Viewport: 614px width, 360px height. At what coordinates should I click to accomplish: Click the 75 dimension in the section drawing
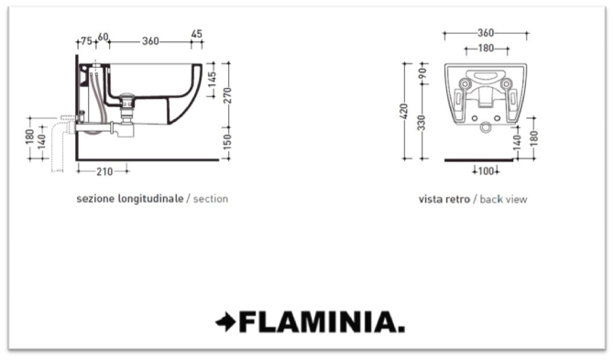pyautogui.click(x=86, y=40)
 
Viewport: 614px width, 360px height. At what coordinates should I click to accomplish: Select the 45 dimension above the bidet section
pyautogui.click(x=197, y=34)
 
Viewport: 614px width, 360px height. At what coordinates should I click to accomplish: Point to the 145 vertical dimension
pyautogui.click(x=212, y=80)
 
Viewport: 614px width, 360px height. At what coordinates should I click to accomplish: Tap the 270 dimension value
pyautogui.click(x=228, y=95)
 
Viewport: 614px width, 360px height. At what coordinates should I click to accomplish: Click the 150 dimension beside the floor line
pyautogui.click(x=228, y=142)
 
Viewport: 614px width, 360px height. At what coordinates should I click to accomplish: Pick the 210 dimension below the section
pyautogui.click(x=104, y=171)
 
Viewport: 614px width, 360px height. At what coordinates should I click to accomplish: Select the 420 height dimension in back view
pyautogui.click(x=404, y=111)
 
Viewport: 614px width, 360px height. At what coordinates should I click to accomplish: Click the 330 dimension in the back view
pyautogui.click(x=422, y=123)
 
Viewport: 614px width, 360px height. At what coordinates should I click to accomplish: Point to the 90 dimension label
pyautogui.click(x=422, y=73)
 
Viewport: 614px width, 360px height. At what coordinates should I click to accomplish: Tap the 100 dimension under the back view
pyautogui.click(x=486, y=171)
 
